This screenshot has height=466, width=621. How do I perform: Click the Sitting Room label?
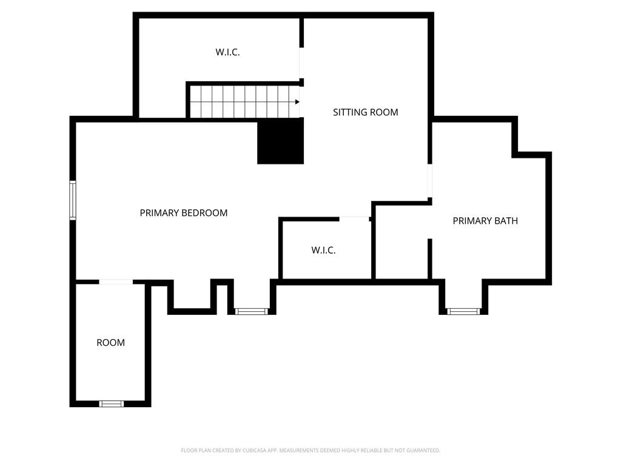coord(365,112)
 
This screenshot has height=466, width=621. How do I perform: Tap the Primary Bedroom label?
coord(183,213)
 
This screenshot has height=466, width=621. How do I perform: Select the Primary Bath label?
coord(485,221)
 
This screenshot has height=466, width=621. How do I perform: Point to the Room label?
coord(110,342)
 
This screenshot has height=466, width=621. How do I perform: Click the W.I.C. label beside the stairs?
coord(227,52)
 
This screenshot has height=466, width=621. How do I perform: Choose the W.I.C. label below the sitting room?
coord(323,250)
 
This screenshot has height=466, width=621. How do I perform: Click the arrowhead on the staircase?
coord(297,102)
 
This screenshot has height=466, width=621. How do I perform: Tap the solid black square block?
coord(280,141)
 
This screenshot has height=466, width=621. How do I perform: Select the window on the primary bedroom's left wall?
coord(73,200)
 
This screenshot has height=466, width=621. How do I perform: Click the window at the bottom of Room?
coord(112,404)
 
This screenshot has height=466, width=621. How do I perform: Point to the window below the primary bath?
coord(463,311)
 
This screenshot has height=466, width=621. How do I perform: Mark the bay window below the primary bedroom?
coord(252,311)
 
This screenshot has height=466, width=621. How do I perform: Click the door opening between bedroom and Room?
coord(116,282)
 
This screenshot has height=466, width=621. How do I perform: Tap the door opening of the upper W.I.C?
coord(301,63)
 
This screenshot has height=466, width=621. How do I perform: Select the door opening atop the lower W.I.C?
coord(354,219)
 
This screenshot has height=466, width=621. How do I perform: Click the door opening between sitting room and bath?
coord(430,181)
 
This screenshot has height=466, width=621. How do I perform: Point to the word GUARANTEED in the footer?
coord(424,451)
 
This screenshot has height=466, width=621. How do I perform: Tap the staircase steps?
coord(244,102)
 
